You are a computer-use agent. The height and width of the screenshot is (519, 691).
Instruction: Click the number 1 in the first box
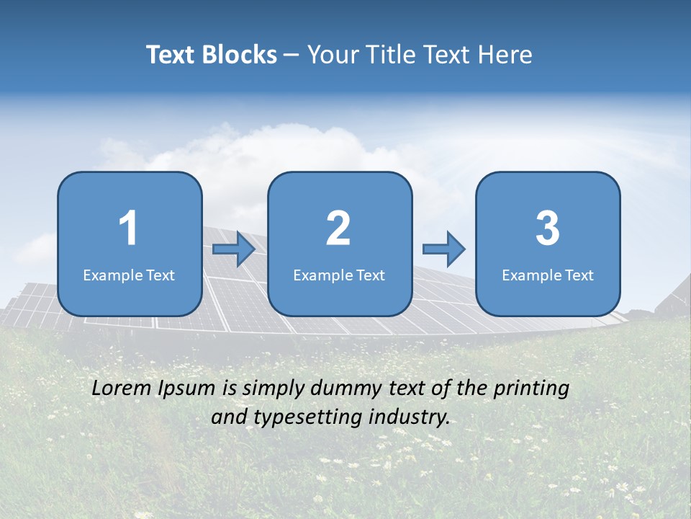(x=128, y=229)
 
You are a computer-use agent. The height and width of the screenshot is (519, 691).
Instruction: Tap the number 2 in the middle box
(x=338, y=229)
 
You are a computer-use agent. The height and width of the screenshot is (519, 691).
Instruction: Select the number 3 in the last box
(x=548, y=229)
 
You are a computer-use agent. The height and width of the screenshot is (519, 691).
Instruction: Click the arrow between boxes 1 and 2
(x=234, y=249)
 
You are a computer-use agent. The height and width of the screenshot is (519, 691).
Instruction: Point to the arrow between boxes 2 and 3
(x=444, y=249)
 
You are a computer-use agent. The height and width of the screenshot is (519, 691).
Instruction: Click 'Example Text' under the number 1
(x=129, y=275)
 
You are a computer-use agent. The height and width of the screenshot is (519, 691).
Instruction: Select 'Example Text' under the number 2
(x=339, y=275)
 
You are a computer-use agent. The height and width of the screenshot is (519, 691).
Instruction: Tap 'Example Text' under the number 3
(x=548, y=275)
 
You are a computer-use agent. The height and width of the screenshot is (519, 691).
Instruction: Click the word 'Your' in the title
(x=330, y=55)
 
